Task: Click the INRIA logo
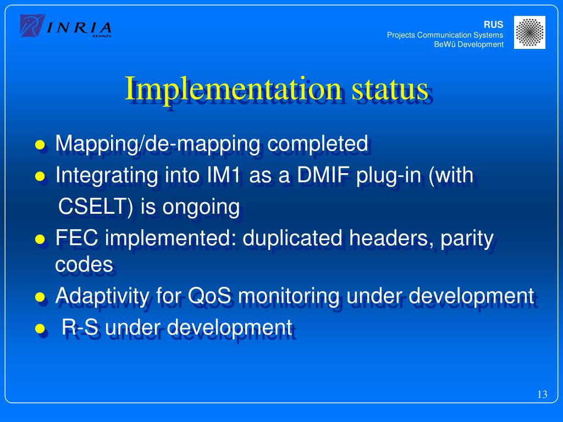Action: (x=66, y=26)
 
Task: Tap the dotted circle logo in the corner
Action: (x=529, y=32)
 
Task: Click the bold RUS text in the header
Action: (x=493, y=25)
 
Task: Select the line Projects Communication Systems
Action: (x=445, y=35)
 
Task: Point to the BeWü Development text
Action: (x=468, y=45)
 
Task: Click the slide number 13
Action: (x=542, y=395)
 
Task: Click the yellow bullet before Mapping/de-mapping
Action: (x=40, y=146)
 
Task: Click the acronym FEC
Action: (x=78, y=238)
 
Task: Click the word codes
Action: (x=84, y=265)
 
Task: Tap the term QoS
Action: (x=210, y=297)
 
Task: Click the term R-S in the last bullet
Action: (x=81, y=327)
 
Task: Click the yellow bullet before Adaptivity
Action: (x=40, y=298)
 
